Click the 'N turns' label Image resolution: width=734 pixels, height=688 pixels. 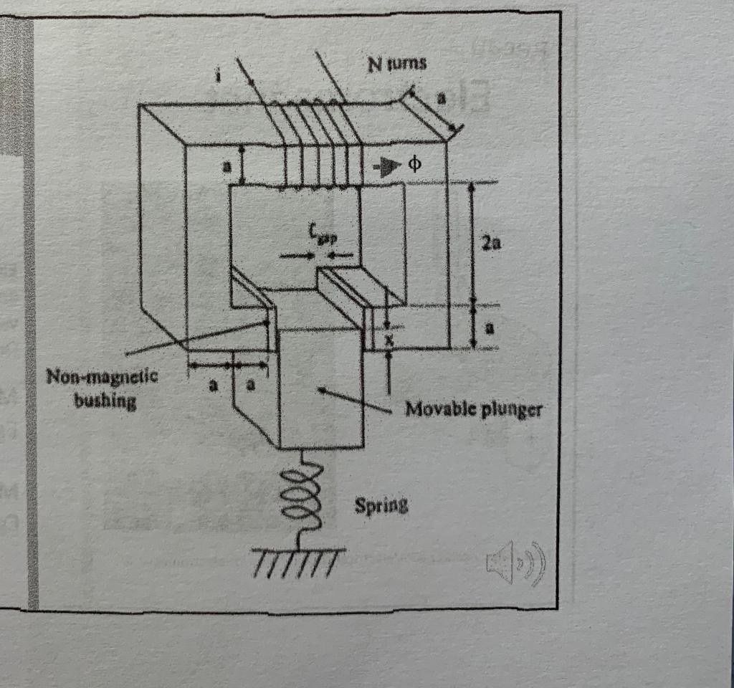pyautogui.click(x=397, y=64)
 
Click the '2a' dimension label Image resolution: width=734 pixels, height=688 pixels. pyautogui.click(x=491, y=244)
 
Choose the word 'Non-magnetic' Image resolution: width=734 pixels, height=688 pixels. pyautogui.click(x=92, y=377)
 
